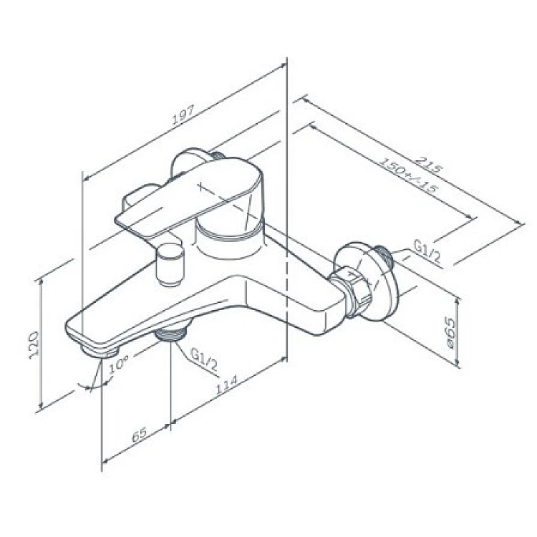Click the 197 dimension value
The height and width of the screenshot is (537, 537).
point(183,114)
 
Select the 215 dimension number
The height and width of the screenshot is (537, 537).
point(430,164)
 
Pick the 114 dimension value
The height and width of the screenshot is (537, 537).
point(226,384)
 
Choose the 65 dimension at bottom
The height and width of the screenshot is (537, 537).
point(140,435)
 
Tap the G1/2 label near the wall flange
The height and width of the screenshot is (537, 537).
point(427,251)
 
